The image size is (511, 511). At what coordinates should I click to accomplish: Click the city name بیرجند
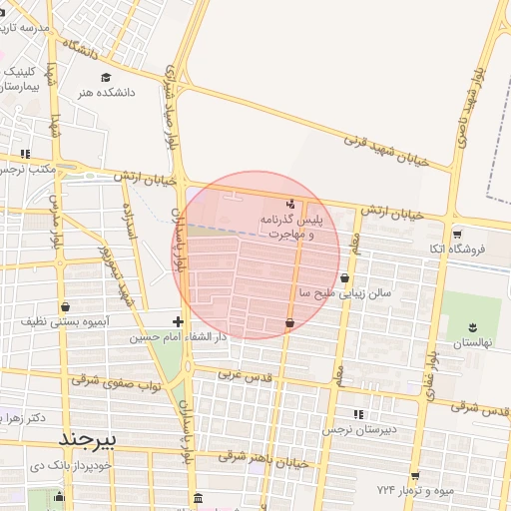pyautogui.click(x=88, y=439)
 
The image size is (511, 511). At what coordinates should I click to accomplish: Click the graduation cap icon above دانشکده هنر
pyautogui.click(x=106, y=77)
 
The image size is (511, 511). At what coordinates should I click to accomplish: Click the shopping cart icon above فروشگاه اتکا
pyautogui.click(x=456, y=235)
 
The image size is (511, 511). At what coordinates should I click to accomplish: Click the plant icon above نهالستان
pyautogui.click(x=472, y=326)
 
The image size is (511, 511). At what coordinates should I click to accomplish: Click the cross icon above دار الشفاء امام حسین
pyautogui.click(x=178, y=321)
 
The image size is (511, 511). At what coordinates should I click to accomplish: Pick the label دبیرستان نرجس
pyautogui.click(x=358, y=429)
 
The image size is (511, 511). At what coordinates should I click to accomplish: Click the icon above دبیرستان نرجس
pyautogui.click(x=358, y=413)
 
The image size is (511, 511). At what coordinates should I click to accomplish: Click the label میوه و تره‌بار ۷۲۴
pyautogui.click(x=415, y=491)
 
